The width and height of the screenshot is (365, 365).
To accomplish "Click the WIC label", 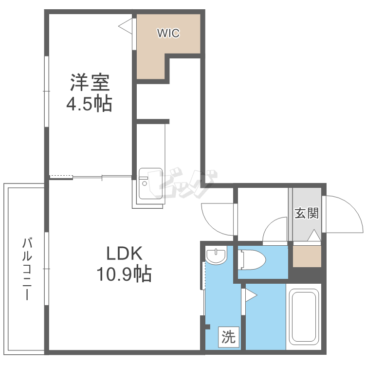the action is (168, 33).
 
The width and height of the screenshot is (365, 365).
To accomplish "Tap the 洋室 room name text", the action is (90, 82).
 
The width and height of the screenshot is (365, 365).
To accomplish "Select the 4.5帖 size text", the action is (90, 103).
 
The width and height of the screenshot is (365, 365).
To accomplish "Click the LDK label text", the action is (124, 253).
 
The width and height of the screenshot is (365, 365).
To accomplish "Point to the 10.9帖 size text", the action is (124, 274).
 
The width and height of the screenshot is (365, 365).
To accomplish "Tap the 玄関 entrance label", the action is (307, 213).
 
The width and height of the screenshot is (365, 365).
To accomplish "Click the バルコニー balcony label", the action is (27, 269).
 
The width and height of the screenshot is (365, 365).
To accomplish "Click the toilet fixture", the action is (252, 260).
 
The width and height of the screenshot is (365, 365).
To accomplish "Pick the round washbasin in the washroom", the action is (216, 255).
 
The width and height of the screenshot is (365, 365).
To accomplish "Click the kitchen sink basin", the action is (150, 183).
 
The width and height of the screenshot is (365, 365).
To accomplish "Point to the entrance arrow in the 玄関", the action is (314, 235).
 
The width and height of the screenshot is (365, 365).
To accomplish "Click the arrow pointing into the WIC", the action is (125, 26).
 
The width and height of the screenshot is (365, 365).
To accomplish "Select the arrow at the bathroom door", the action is (251, 295).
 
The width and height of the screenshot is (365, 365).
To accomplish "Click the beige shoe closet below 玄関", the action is (307, 256).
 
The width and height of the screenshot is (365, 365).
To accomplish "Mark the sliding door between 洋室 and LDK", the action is (102, 177).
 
